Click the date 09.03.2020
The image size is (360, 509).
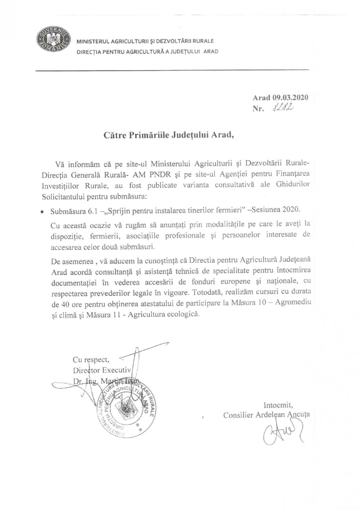tap(290, 97)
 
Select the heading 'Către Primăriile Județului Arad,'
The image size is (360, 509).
tap(168, 135)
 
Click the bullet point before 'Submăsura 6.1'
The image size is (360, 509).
tap(43, 211)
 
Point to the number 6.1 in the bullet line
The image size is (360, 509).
tap(88, 211)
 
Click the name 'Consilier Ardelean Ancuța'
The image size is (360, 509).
tap(267, 415)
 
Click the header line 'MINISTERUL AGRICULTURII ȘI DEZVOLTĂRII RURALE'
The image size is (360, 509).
tap(145, 41)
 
